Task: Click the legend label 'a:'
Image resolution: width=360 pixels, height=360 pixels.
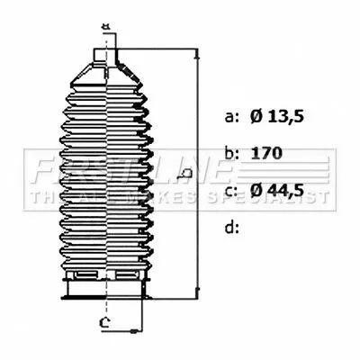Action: coord(232,116)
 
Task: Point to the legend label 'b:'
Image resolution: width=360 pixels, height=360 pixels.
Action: coord(232,153)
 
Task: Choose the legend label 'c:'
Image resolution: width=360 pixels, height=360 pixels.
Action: coord(232,190)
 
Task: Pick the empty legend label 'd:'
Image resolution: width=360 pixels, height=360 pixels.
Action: coord(232,227)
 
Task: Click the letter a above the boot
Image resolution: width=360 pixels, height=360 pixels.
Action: coord(105,26)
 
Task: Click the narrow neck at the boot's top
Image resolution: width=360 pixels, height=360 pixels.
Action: coord(106,55)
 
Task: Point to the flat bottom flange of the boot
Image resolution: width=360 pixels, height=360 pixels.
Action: coord(105,292)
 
